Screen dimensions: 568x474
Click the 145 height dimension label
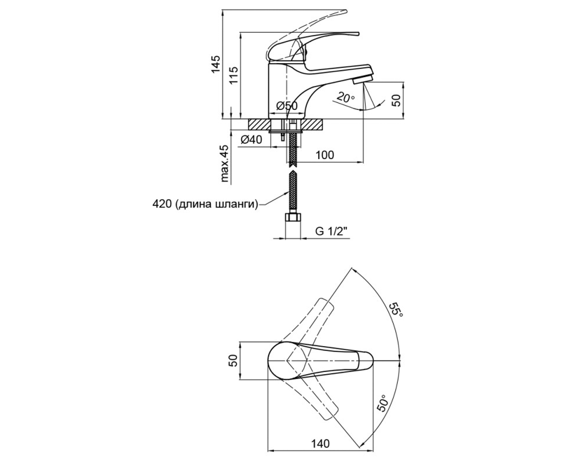pyautogui.click(x=216, y=64)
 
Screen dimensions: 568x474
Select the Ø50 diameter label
pyautogui.click(x=287, y=105)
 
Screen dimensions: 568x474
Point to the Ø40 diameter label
pyautogui.click(x=251, y=140)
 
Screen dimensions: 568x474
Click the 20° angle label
pyautogui.click(x=346, y=97)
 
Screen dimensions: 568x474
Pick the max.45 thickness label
pyautogui.click(x=225, y=164)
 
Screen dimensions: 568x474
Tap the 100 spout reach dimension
pyautogui.click(x=325, y=155)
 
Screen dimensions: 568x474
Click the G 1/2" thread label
pyautogui.click(x=331, y=231)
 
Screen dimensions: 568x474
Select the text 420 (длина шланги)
pyautogui.click(x=205, y=204)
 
